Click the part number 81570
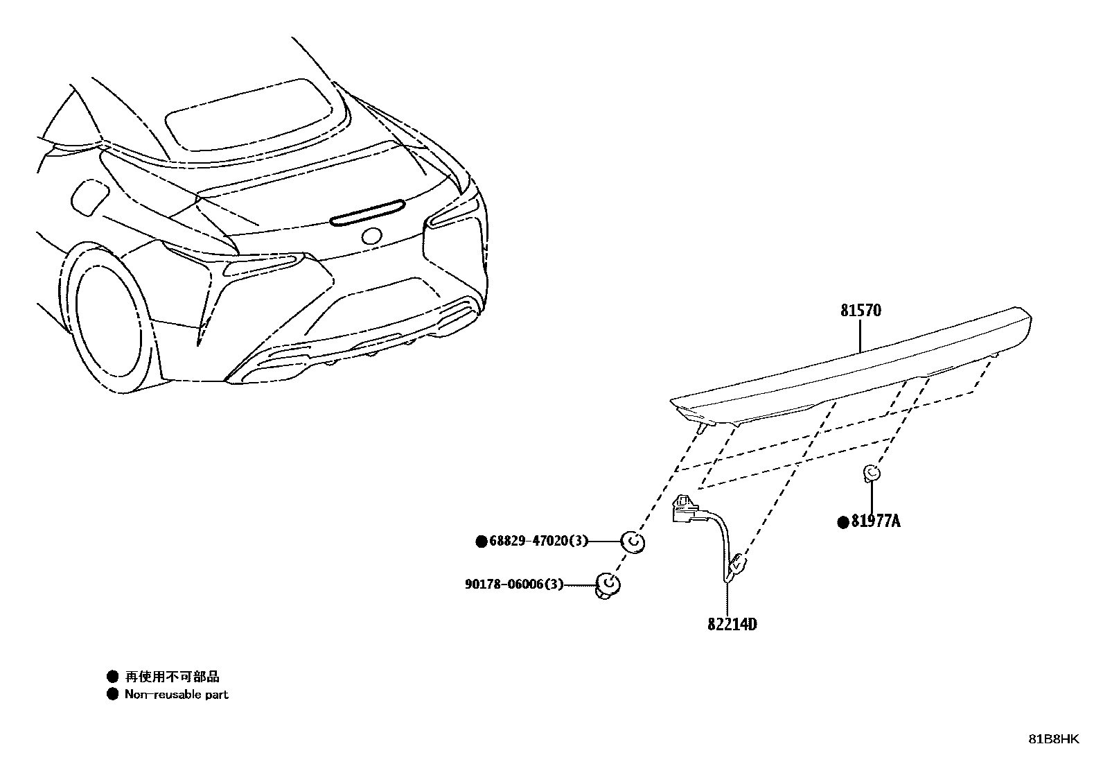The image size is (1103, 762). tap(861, 311)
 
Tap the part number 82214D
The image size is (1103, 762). tap(732, 624)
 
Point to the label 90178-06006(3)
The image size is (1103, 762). tap(513, 585)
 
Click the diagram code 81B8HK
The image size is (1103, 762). tap(1052, 739)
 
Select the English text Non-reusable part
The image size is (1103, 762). tap(176, 694)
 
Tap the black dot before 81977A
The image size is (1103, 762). tap(843, 522)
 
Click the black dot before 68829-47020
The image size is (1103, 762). tap(482, 542)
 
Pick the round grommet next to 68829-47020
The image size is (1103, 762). tap(633, 541)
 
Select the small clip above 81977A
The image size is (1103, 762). tap(871, 474)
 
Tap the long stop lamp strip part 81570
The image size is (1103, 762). tap(852, 367)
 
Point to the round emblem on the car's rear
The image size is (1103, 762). tap(371, 236)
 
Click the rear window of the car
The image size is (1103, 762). tap(249, 114)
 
